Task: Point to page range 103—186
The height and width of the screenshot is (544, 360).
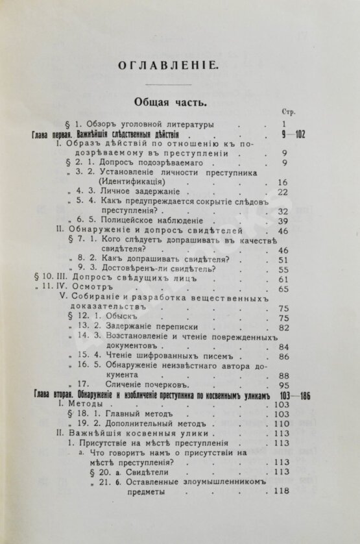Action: coord(288,395)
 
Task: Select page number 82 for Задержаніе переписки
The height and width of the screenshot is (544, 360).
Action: coord(282,327)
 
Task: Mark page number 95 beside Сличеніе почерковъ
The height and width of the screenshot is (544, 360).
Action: coord(282,386)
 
